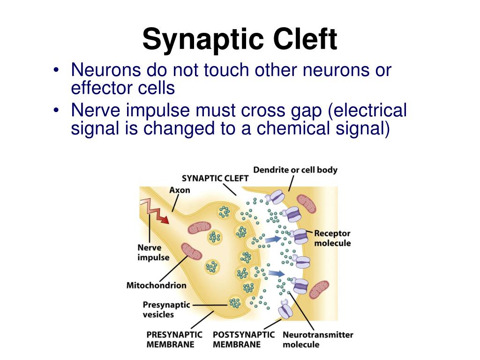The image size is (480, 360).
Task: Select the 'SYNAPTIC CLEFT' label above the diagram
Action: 215,178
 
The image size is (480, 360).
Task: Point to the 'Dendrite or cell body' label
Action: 295,170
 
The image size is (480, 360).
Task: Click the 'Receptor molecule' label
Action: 332,238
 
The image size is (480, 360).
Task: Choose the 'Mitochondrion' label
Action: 156,285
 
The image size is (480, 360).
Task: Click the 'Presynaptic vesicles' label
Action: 166,309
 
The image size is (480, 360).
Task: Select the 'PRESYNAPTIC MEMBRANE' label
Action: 174,339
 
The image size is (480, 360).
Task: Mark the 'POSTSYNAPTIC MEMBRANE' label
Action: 244,339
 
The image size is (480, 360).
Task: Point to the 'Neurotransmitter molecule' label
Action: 318,339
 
